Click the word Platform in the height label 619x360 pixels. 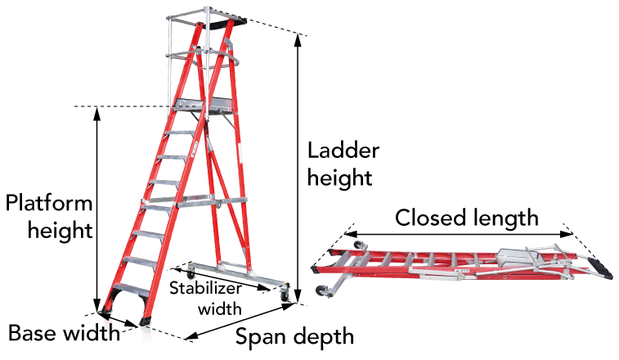pyautogui.click(x=49, y=203)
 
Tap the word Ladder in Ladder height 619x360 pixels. pyautogui.click(x=343, y=151)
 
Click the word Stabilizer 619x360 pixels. pyautogui.click(x=205, y=288)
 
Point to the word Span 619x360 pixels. pyautogui.click(x=260, y=338)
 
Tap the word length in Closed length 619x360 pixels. pyautogui.click(x=506, y=218)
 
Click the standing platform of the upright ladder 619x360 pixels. pyautogui.click(x=204, y=105)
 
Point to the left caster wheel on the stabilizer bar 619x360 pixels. pyautogui.click(x=191, y=273)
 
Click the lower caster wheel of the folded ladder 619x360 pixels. pyautogui.click(x=321, y=291)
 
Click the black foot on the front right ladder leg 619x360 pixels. pyautogui.click(x=145, y=322)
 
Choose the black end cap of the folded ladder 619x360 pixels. pyautogui.click(x=600, y=268)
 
